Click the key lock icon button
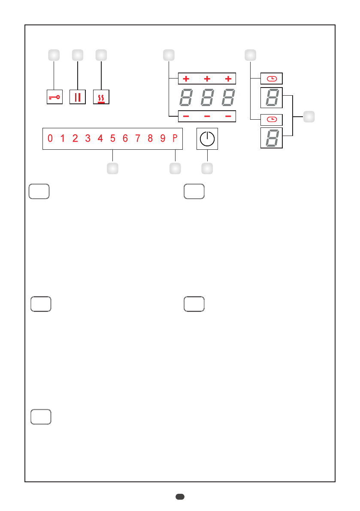click(x=54, y=97)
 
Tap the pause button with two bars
click(x=77, y=97)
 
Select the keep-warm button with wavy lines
click(x=101, y=97)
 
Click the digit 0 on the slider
click(x=50, y=139)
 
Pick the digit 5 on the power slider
click(x=112, y=139)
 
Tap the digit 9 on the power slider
click(x=163, y=139)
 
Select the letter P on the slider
click(x=175, y=139)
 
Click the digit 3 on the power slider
click(x=88, y=139)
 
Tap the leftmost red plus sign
click(x=186, y=79)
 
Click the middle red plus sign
click(x=207, y=79)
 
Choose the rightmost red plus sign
click(x=228, y=79)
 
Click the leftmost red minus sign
click(x=186, y=116)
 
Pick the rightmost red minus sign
click(x=228, y=116)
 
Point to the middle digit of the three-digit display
click(x=207, y=98)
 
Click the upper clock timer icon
click(x=272, y=79)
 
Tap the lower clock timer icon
click(x=272, y=119)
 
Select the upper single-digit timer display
click(x=272, y=98)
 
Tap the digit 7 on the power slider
click(x=138, y=139)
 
